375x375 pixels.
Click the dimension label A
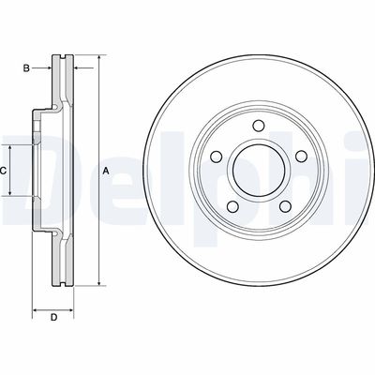pos(106,171)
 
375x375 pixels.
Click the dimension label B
pos(26,67)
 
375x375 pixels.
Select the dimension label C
pos(3,171)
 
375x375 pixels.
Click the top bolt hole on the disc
pos(258,126)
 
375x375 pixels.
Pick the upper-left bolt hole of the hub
pos(217,157)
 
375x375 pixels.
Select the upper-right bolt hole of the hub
pos(301,157)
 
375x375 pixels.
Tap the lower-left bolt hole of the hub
pos(232,206)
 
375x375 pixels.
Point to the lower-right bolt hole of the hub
pos(285,206)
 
